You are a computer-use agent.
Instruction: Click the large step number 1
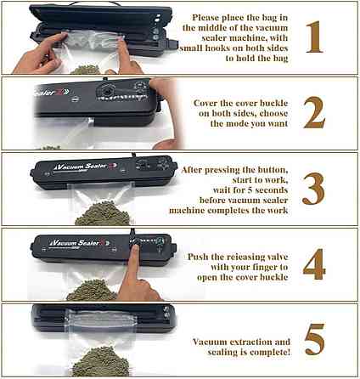click(x=314, y=37)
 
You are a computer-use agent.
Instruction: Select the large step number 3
click(x=314, y=189)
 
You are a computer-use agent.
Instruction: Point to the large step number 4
click(x=314, y=264)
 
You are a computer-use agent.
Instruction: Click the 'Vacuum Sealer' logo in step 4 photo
click(x=68, y=243)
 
